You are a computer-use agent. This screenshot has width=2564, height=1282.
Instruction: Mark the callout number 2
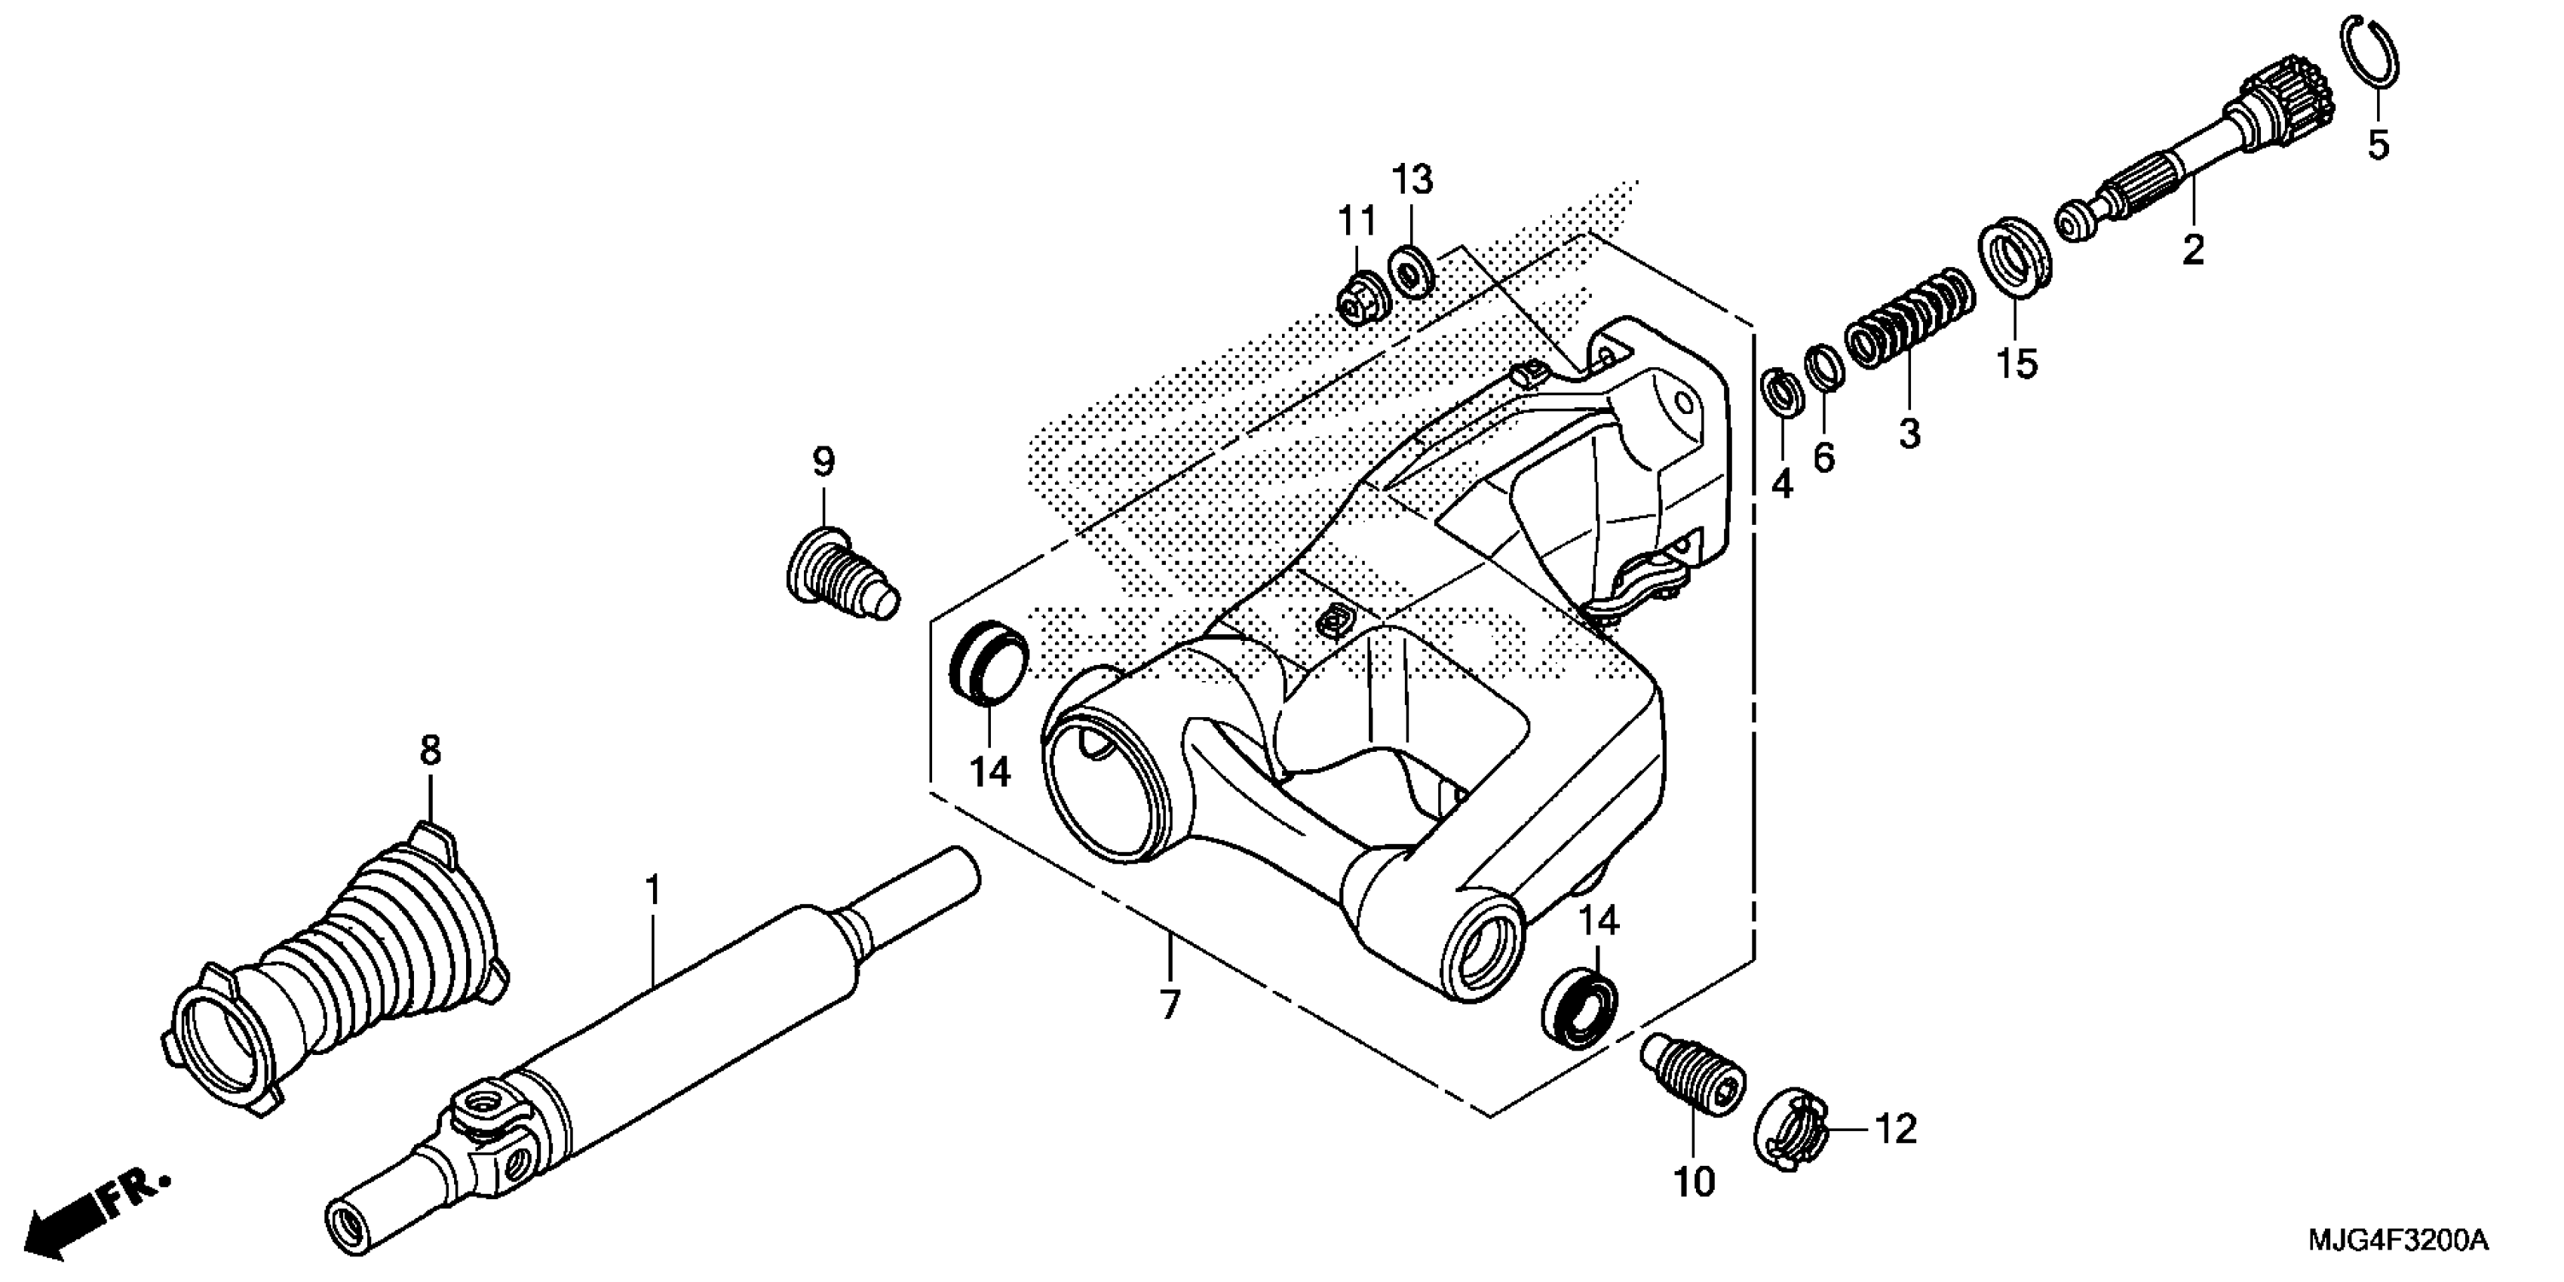click(2193, 250)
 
